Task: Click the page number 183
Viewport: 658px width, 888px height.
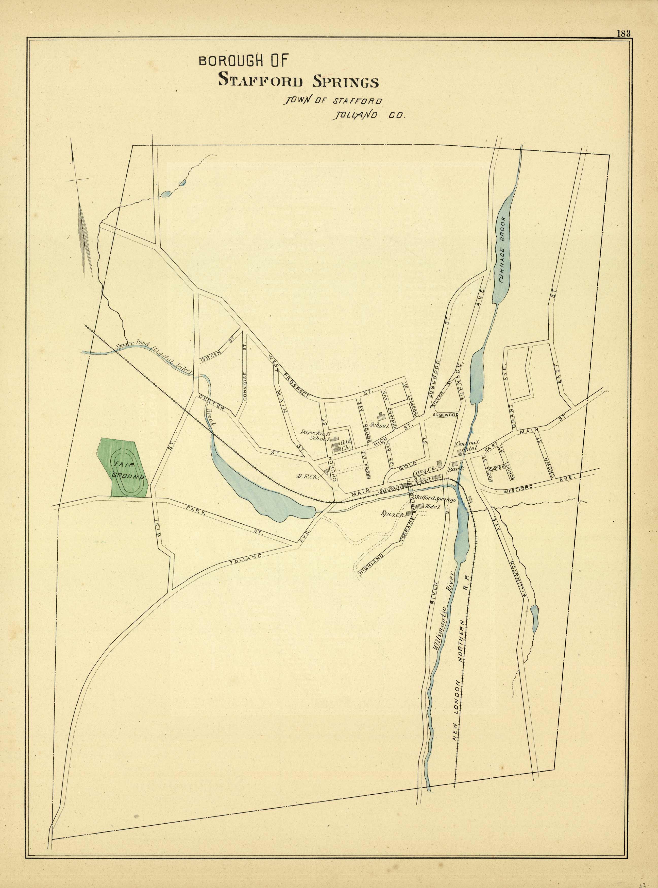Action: [624, 33]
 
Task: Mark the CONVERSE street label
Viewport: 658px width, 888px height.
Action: [245, 386]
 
